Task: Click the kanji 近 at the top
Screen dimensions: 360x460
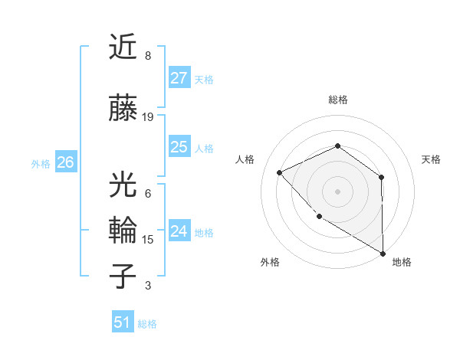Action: click(x=123, y=47)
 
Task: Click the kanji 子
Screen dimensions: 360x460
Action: click(x=123, y=277)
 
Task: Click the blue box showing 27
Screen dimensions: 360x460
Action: click(x=179, y=78)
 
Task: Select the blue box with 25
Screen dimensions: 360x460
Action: click(x=179, y=147)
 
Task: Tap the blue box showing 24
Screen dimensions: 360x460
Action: click(x=179, y=231)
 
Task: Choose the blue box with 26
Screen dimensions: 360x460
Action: click(x=65, y=162)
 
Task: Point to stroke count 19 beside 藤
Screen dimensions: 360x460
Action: click(x=148, y=117)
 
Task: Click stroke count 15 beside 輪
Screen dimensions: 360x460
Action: click(x=148, y=240)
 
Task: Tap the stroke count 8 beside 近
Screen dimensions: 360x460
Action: click(x=148, y=56)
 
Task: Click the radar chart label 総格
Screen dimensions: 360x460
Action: click(x=337, y=100)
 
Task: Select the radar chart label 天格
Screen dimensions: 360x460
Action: click(x=432, y=159)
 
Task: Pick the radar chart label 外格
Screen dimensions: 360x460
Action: click(x=270, y=262)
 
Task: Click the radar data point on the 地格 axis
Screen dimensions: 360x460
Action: click(x=383, y=254)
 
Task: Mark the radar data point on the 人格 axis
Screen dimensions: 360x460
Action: click(x=280, y=172)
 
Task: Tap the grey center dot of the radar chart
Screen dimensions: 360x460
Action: click(x=337, y=191)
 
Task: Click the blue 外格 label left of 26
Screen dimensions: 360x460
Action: click(x=40, y=163)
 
